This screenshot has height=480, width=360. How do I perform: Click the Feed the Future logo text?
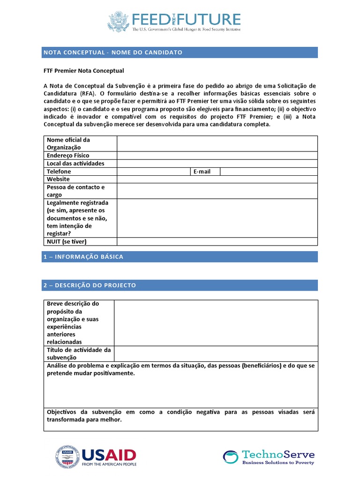point(187,20)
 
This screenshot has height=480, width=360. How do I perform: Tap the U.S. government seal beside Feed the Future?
point(118,22)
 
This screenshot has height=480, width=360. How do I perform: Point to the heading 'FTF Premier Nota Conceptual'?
point(84,71)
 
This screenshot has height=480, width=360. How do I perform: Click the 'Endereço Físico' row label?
point(68,156)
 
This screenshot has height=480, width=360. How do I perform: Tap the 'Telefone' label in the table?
point(59,172)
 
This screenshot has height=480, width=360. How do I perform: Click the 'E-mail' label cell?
point(202,172)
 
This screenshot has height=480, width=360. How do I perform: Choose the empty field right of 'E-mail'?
point(269,172)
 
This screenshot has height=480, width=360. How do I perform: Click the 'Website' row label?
point(58,179)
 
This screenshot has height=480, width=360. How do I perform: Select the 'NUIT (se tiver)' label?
point(67,241)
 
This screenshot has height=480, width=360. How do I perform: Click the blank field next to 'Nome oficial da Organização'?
point(217,143)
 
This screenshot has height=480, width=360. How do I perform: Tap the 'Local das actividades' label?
point(75,164)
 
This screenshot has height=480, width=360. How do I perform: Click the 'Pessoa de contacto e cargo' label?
point(75,191)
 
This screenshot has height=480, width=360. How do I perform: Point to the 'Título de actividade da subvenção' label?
point(79,354)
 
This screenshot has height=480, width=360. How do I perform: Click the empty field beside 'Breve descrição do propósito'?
point(216,323)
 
